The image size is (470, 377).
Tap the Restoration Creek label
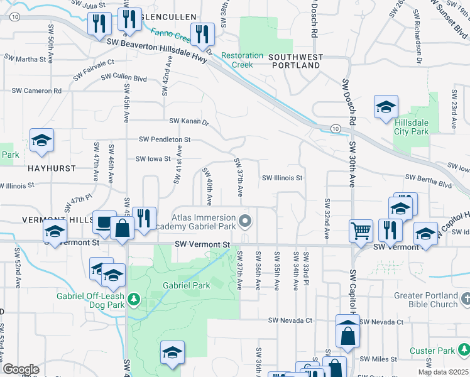point(242,60)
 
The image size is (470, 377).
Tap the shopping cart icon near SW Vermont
point(361,230)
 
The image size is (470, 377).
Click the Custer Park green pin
point(463,348)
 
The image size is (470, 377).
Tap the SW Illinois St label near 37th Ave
point(282,178)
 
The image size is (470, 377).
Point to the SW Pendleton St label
point(164,139)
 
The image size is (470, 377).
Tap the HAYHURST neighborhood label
point(51,168)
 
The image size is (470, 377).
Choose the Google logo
point(21,369)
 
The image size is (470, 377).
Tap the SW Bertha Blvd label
point(428,185)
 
